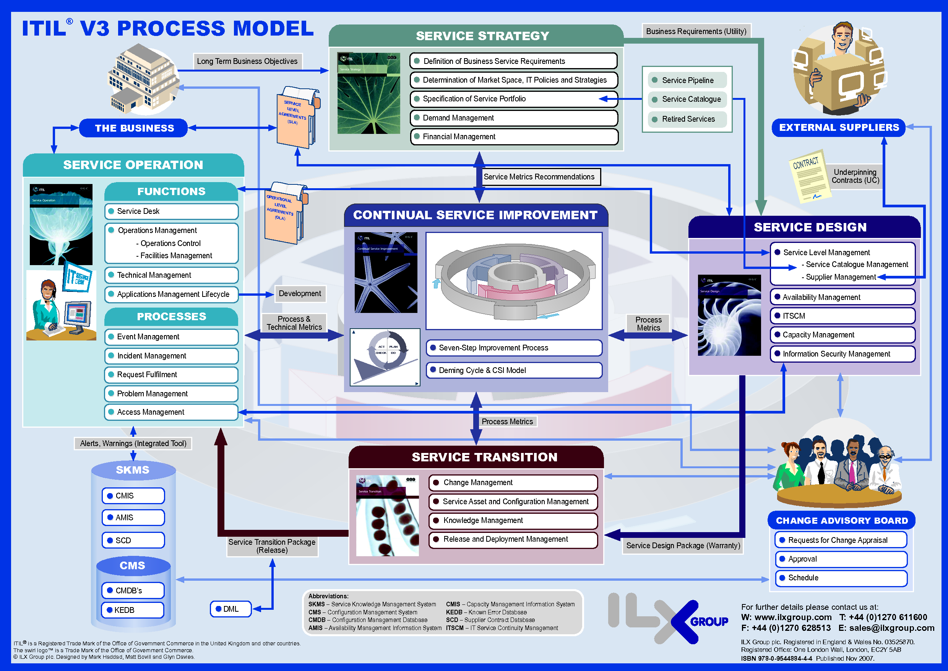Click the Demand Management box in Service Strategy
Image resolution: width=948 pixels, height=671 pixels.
514,118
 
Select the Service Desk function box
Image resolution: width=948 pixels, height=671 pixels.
171,211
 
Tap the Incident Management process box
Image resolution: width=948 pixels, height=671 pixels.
171,356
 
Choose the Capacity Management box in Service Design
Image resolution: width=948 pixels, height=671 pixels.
842,335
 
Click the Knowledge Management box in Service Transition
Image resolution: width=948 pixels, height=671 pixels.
513,520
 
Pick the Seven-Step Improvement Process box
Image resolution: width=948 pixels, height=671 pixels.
514,348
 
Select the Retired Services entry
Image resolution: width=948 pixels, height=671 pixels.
687,119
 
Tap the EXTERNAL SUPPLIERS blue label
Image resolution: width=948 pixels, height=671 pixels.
839,127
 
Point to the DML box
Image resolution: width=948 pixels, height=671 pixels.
231,609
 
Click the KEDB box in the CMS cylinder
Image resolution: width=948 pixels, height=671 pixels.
133,610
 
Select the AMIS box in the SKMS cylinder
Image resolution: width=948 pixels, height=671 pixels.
133,517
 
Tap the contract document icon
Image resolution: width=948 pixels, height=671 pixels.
808,177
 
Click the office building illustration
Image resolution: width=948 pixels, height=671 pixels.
143,81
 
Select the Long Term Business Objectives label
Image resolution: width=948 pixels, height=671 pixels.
247,61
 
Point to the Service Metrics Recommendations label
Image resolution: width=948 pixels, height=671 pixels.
539,177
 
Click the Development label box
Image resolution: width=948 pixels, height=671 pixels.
300,293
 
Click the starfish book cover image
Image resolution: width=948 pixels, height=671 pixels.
386,273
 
